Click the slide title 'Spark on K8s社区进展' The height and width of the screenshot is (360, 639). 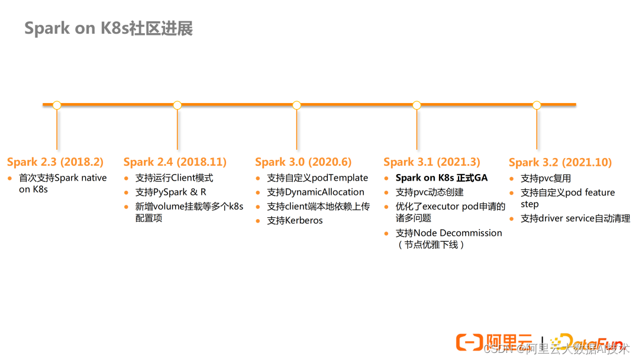[x=108, y=28]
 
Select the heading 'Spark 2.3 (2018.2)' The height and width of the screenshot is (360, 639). [x=55, y=162]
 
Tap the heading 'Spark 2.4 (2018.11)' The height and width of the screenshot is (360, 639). [x=175, y=162]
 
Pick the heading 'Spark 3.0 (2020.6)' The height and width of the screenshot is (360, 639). [x=303, y=162]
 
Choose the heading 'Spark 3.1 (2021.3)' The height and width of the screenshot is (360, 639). [x=432, y=162]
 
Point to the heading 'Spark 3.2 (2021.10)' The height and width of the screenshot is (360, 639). [x=560, y=162]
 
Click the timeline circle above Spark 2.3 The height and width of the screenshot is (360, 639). [x=57, y=105]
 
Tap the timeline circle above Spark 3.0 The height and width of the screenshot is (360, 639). [x=297, y=105]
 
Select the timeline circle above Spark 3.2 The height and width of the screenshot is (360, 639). [x=537, y=105]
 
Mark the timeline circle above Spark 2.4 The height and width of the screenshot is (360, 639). [x=177, y=105]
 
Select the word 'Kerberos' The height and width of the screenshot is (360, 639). [x=304, y=220]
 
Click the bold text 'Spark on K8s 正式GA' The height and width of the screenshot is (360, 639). [x=441, y=178]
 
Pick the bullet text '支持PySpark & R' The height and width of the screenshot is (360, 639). [x=171, y=192]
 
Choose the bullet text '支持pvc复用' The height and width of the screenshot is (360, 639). [x=546, y=178]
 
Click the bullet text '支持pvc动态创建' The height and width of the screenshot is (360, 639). [x=430, y=192]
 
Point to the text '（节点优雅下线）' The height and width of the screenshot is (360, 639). [x=431, y=245]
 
